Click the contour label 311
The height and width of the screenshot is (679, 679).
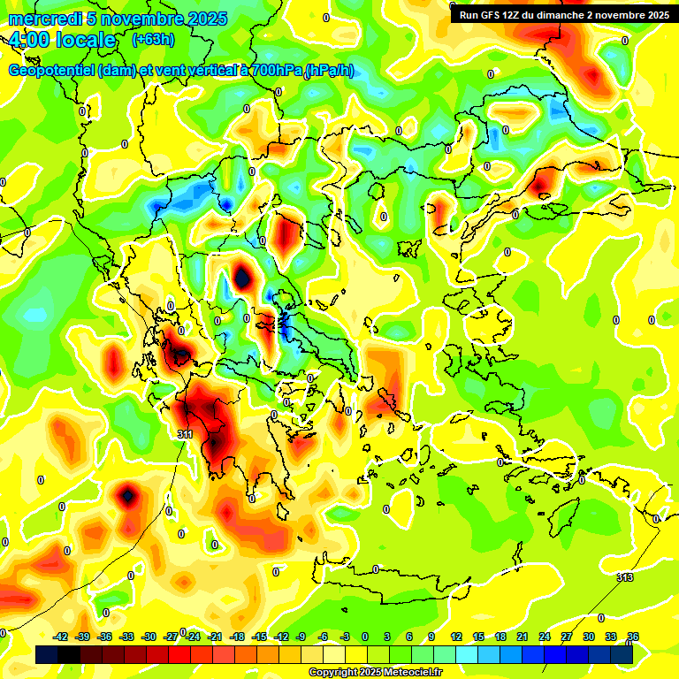pyautogui.click(x=184, y=434)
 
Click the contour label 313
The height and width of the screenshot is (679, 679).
pyautogui.click(x=624, y=577)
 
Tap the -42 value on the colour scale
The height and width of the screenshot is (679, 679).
pyautogui.click(x=61, y=637)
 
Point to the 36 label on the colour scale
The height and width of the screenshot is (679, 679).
pyautogui.click(x=633, y=637)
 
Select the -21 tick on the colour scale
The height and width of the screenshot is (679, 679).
pyautogui.click(x=214, y=637)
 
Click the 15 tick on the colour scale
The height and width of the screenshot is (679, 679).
pyautogui.click(x=478, y=637)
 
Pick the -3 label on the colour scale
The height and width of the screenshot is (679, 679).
pyautogui.click(x=345, y=637)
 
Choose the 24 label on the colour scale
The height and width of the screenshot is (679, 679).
pyautogui.click(x=545, y=637)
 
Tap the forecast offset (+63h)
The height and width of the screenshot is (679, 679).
pyautogui.click(x=153, y=40)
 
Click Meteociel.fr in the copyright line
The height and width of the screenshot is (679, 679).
pyautogui.click(x=406, y=673)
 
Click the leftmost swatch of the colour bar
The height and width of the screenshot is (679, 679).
pyautogui.click(x=46, y=655)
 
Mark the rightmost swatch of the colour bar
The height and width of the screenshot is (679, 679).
pyautogui.click(x=622, y=655)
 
